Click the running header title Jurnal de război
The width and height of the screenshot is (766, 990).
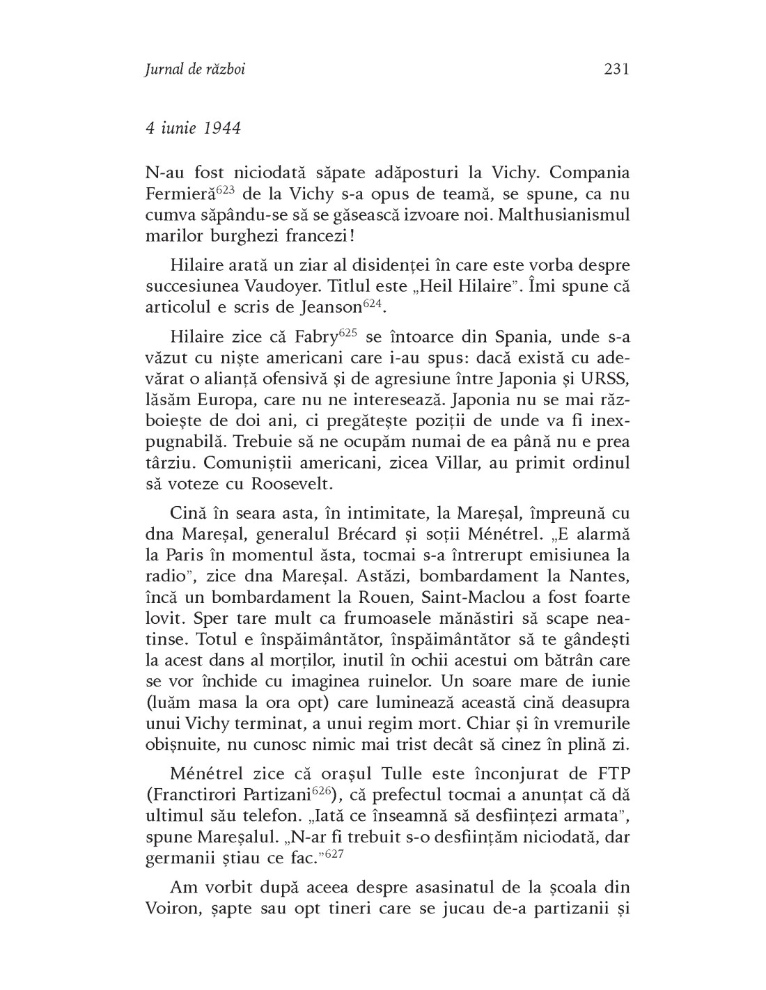(196, 70)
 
